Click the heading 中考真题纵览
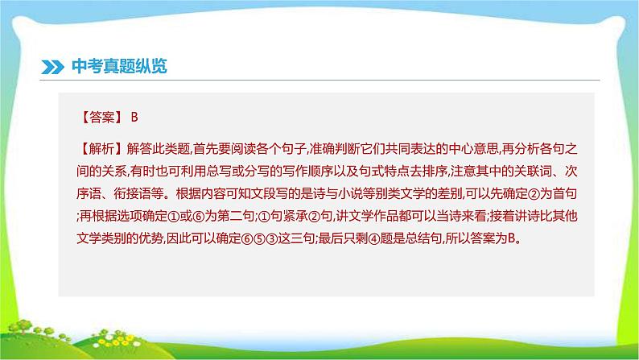(x=118, y=67)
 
